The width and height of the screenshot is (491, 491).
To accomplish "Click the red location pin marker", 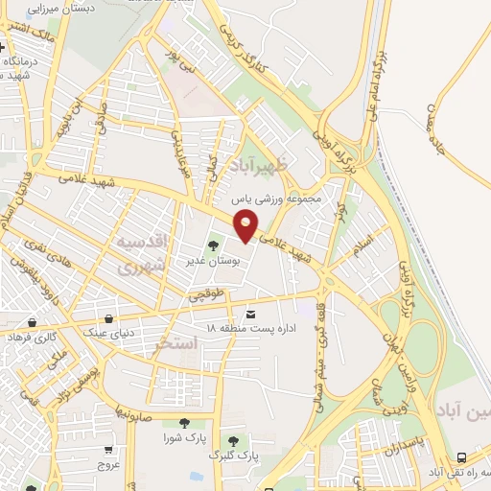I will click(246, 227).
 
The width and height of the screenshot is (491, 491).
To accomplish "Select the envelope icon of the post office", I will click(251, 315).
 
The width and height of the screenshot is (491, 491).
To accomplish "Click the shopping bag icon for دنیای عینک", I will click(112, 318).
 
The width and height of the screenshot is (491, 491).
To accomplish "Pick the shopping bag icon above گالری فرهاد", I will click(34, 322).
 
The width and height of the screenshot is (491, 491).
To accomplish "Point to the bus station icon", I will click(462, 457).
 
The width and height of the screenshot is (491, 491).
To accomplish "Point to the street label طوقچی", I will click(205, 296).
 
